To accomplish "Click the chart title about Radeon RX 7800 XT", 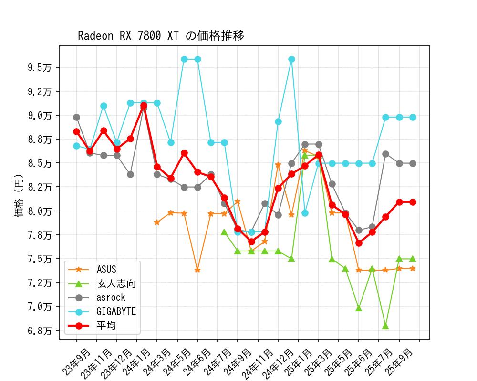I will point(161,36).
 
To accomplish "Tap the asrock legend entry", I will point(111,298).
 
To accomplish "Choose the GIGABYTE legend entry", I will point(116,311).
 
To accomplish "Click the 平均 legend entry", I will point(106,326).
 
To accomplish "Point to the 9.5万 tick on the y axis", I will point(40,68).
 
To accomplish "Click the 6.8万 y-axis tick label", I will point(40,331).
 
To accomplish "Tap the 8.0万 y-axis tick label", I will point(40,211).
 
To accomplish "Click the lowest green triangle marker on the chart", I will point(385,326).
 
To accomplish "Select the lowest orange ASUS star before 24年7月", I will point(197,270).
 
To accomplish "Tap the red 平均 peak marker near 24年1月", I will point(144,105).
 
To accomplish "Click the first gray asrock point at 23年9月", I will point(76,117).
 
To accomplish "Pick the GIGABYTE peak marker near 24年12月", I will point(291,60).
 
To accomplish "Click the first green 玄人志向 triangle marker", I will point(224,232).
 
